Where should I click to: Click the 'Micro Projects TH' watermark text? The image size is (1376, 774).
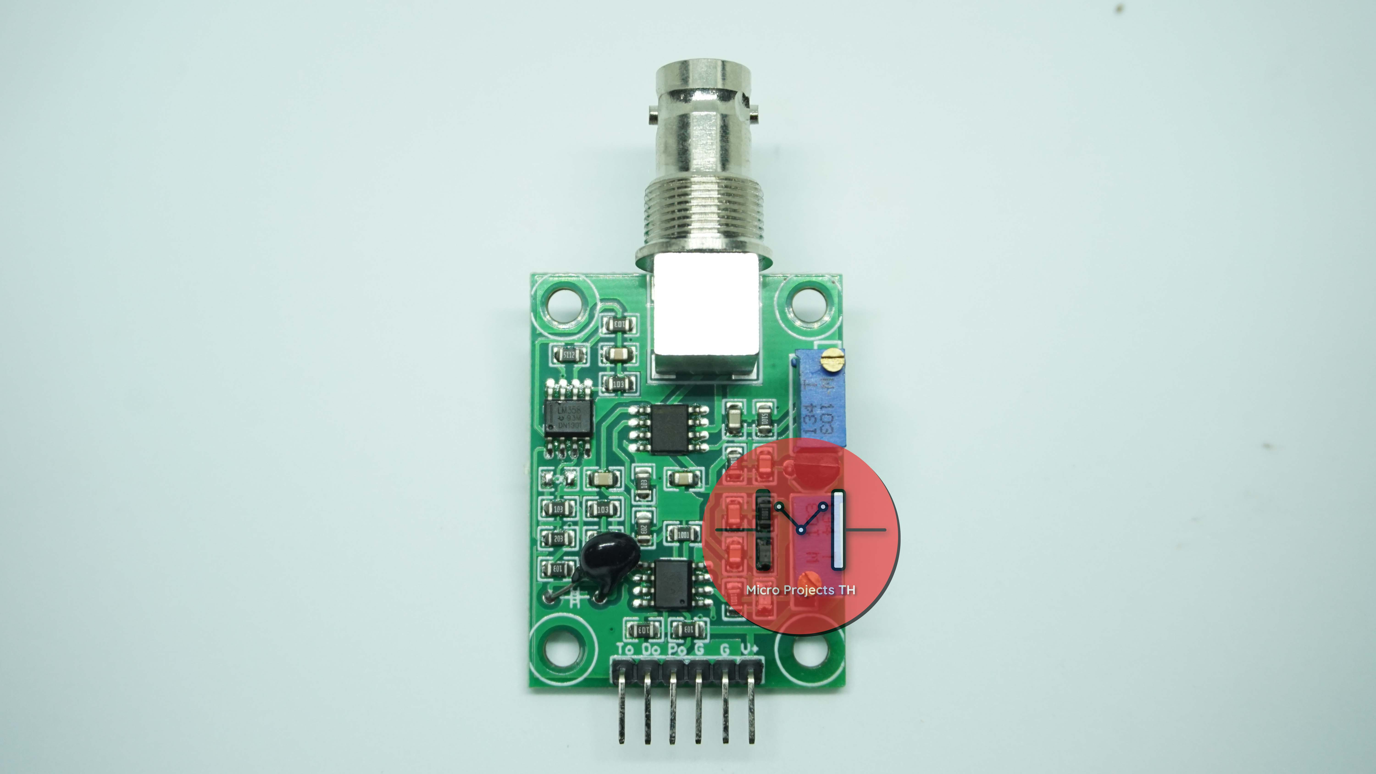800,590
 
